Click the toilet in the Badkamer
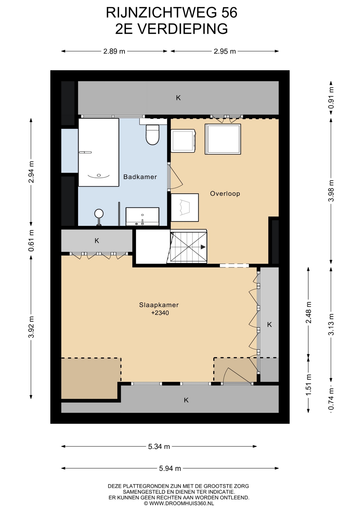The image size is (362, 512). coord(152,134)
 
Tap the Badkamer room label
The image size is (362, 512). coord(140,177)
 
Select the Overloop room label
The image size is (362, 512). coord(225,194)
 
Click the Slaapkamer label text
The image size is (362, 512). coord(159,305)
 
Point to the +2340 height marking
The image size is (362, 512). coord(160,313)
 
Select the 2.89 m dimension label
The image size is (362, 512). coord(114,51)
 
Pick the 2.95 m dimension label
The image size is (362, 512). coord(225,51)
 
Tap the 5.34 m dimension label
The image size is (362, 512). coord(159,446)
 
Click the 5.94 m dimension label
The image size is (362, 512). coord(170,468)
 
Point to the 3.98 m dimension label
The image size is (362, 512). coord(331,191)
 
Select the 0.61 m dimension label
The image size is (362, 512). coord(31,241)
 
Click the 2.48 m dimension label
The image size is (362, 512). coord(308,312)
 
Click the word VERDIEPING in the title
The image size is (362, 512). coord(183,29)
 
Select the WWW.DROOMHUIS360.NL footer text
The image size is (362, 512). coord(182,503)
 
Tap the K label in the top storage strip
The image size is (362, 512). coord(178,98)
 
